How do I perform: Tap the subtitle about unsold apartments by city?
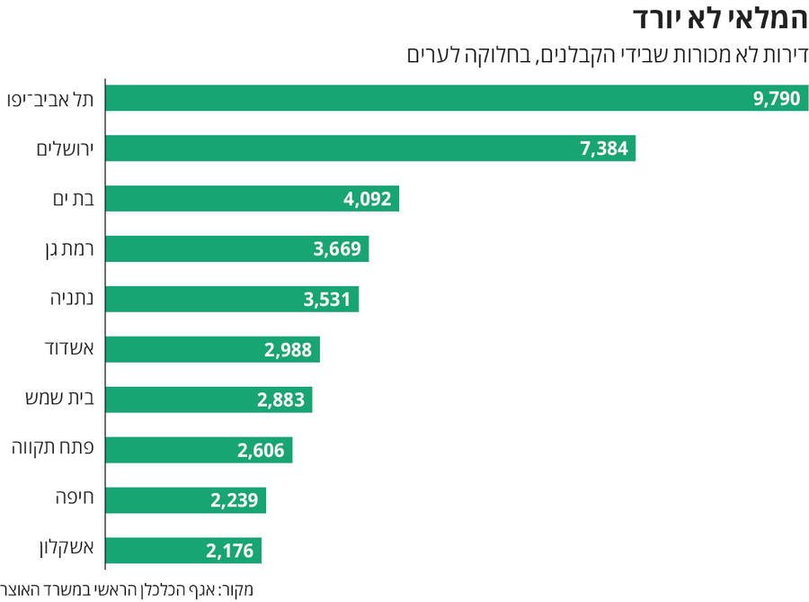tap(608, 55)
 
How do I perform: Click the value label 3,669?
tap(337, 249)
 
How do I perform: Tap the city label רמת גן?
tap(70, 249)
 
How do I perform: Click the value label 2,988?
tap(288, 350)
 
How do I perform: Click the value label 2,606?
tap(261, 451)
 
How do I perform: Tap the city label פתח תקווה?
tap(58, 451)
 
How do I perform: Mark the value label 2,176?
tap(229, 551)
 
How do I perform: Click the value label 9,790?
tap(777, 98)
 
